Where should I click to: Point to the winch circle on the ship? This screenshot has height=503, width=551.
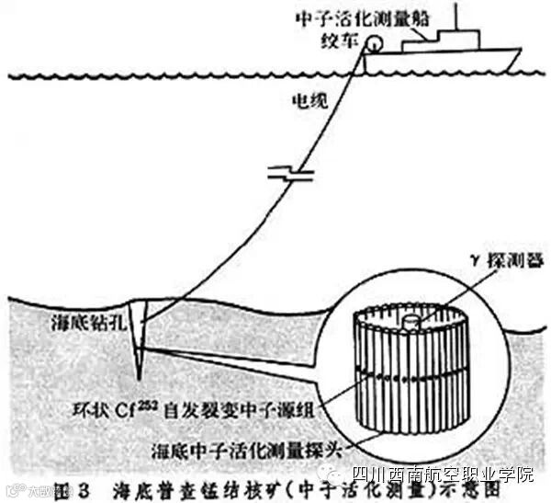point(375,43)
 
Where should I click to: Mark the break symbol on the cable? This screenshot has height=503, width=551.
point(281,172)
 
